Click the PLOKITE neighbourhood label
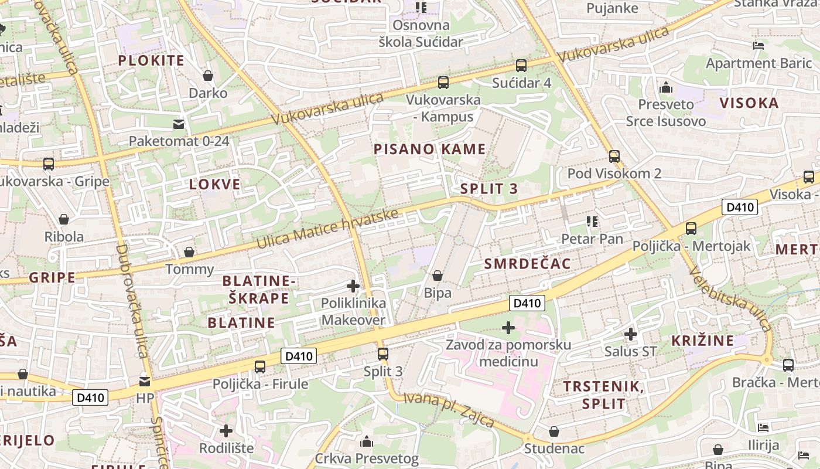click(x=151, y=60)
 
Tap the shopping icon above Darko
click(x=208, y=76)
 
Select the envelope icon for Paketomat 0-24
click(x=179, y=124)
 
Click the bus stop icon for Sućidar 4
click(x=521, y=66)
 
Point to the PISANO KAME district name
click(x=430, y=149)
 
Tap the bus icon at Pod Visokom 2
click(x=614, y=157)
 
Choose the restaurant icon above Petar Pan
click(x=592, y=222)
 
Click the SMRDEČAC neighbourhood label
click(x=527, y=264)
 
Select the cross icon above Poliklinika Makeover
click(x=353, y=286)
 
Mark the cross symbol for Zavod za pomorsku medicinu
click(x=508, y=327)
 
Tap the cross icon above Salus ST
click(x=630, y=334)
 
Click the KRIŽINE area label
click(x=702, y=341)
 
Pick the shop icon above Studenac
click(x=554, y=432)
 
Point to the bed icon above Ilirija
click(x=763, y=427)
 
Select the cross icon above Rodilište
click(x=226, y=431)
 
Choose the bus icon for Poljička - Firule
click(x=260, y=367)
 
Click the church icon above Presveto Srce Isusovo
click(x=665, y=88)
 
